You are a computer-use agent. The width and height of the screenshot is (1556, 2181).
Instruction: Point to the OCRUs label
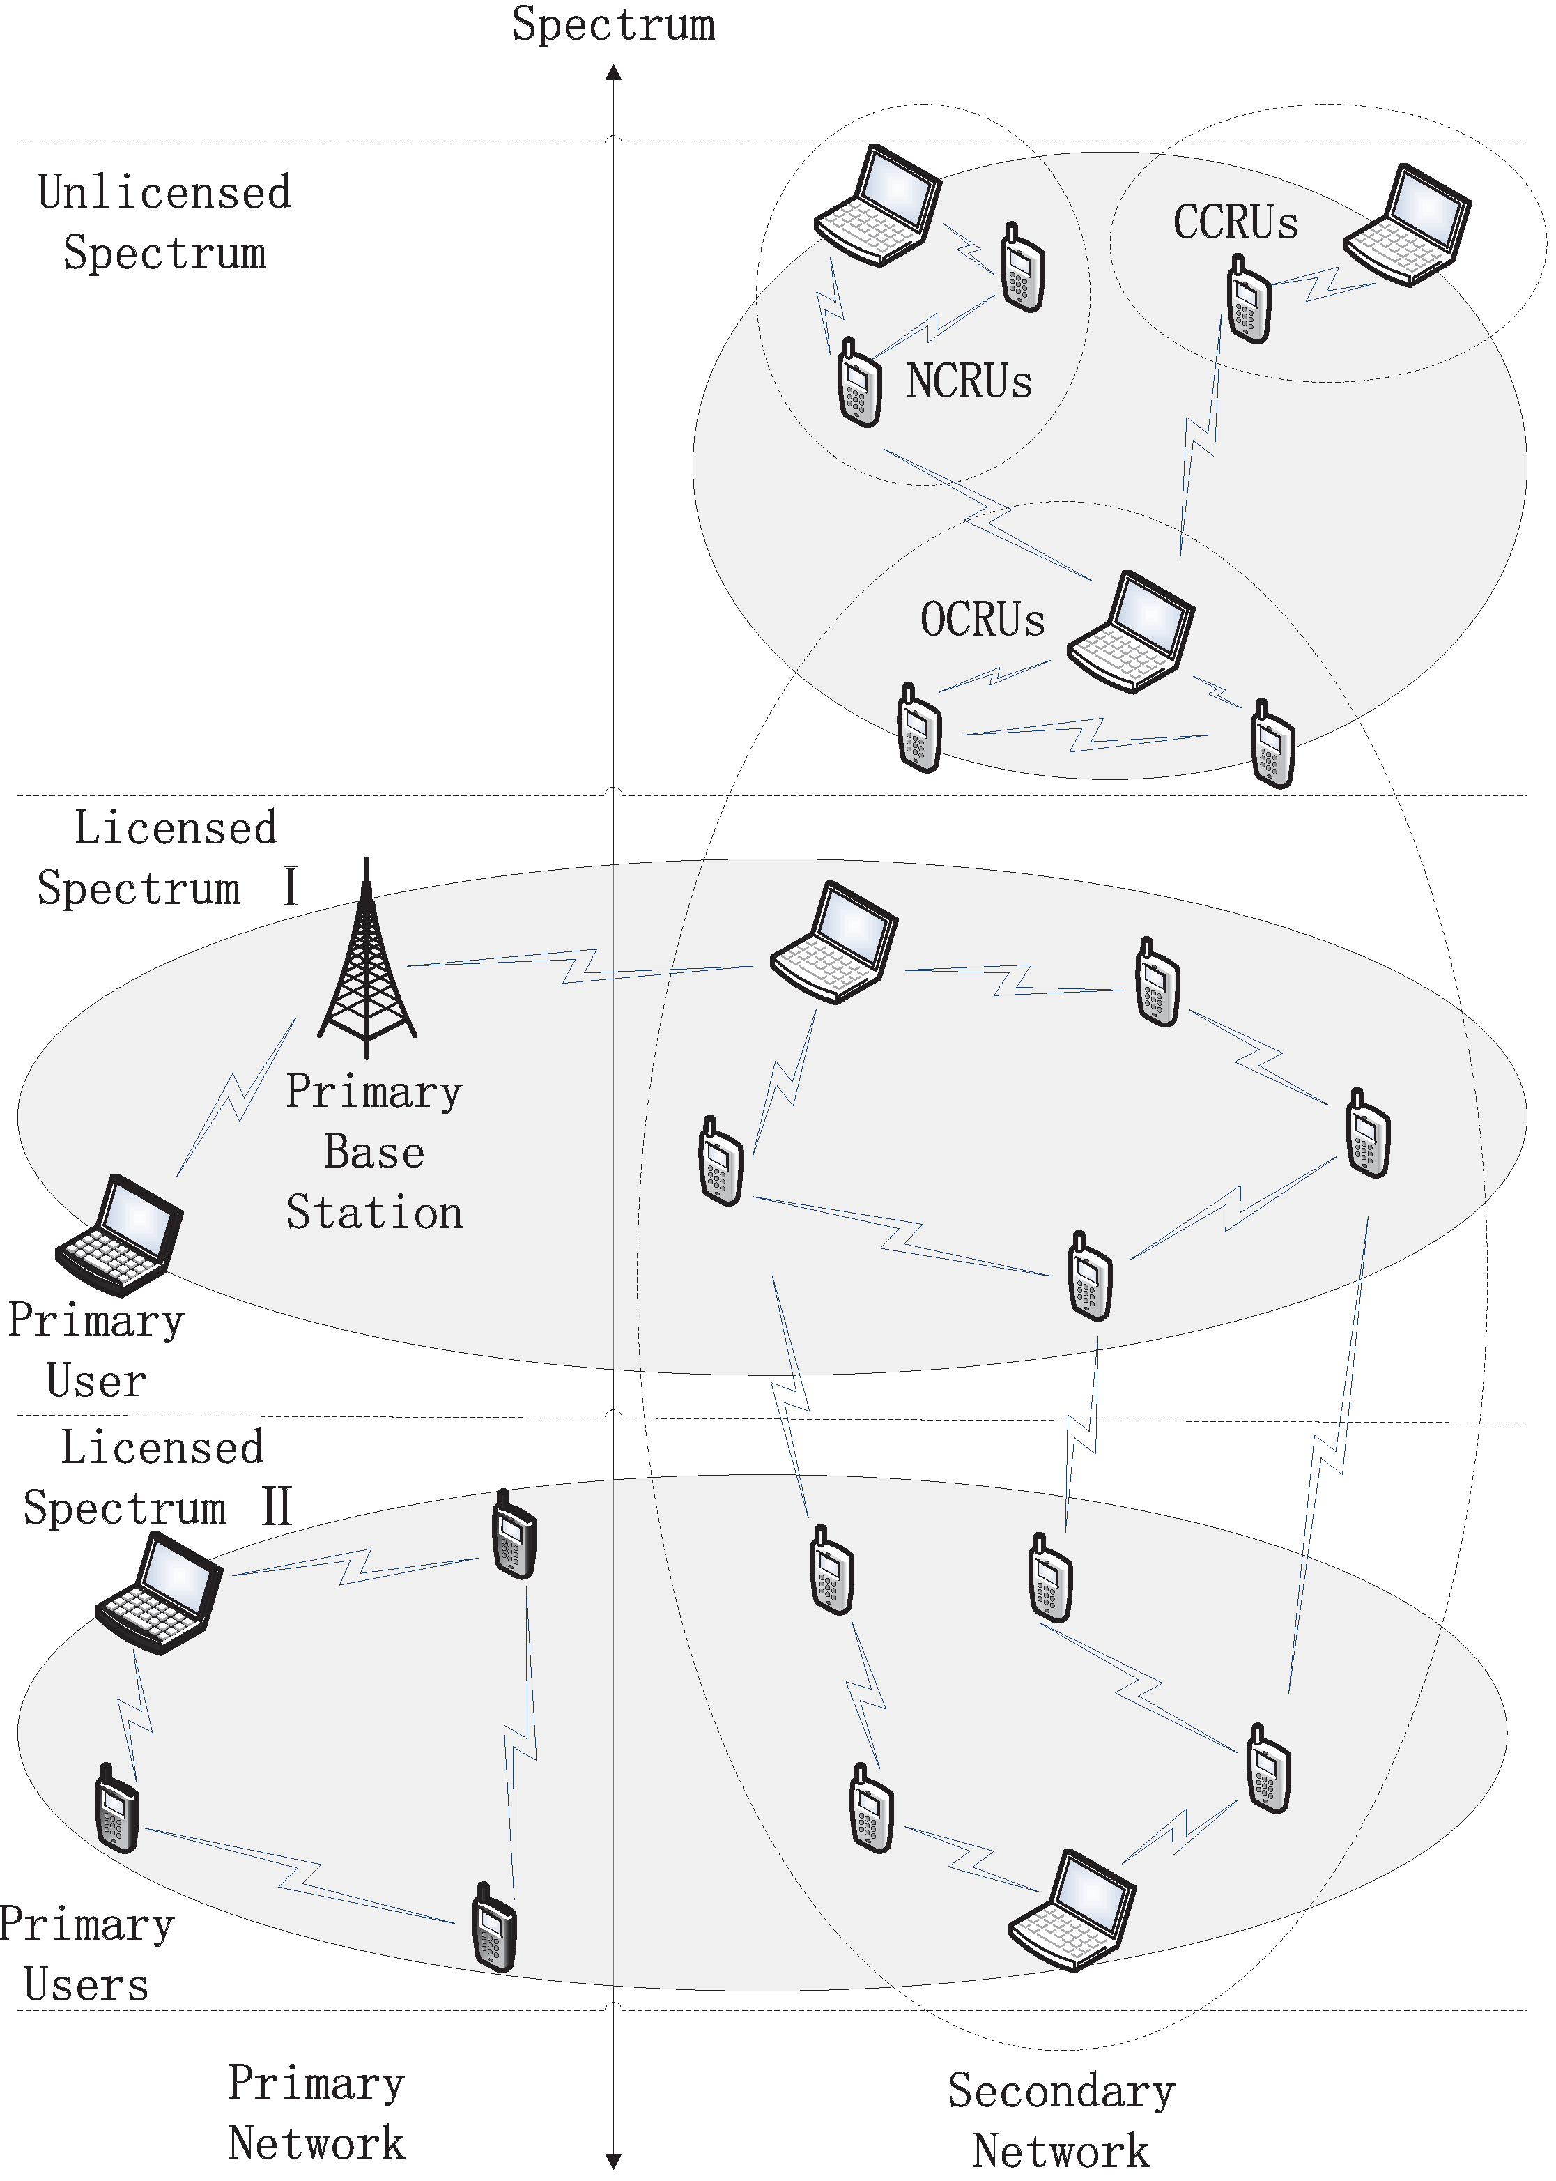coord(982,620)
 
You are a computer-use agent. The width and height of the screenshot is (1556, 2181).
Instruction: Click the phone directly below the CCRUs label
coord(1249,301)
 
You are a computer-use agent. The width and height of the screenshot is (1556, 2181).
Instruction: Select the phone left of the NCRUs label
coord(858,383)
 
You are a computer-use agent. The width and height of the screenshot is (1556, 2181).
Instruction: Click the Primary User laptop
coord(120,1235)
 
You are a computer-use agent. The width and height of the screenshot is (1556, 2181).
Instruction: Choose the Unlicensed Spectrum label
coord(164,222)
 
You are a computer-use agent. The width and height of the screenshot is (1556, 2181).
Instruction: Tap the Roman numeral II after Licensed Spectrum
coord(276,1506)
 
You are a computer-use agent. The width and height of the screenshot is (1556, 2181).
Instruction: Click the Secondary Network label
coord(1061,2120)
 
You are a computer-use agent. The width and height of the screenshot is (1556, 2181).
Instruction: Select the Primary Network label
coord(316,2113)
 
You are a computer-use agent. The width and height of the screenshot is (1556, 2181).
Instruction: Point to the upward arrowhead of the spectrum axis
coord(614,72)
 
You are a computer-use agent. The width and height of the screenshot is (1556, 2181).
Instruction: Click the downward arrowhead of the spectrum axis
coord(614,2161)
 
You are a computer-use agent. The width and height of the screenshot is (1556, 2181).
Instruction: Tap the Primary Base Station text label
coord(373,1151)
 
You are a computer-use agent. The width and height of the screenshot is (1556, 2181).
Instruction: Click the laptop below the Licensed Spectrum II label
coord(159,1593)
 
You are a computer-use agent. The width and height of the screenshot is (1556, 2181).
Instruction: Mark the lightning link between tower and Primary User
coord(236,1098)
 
